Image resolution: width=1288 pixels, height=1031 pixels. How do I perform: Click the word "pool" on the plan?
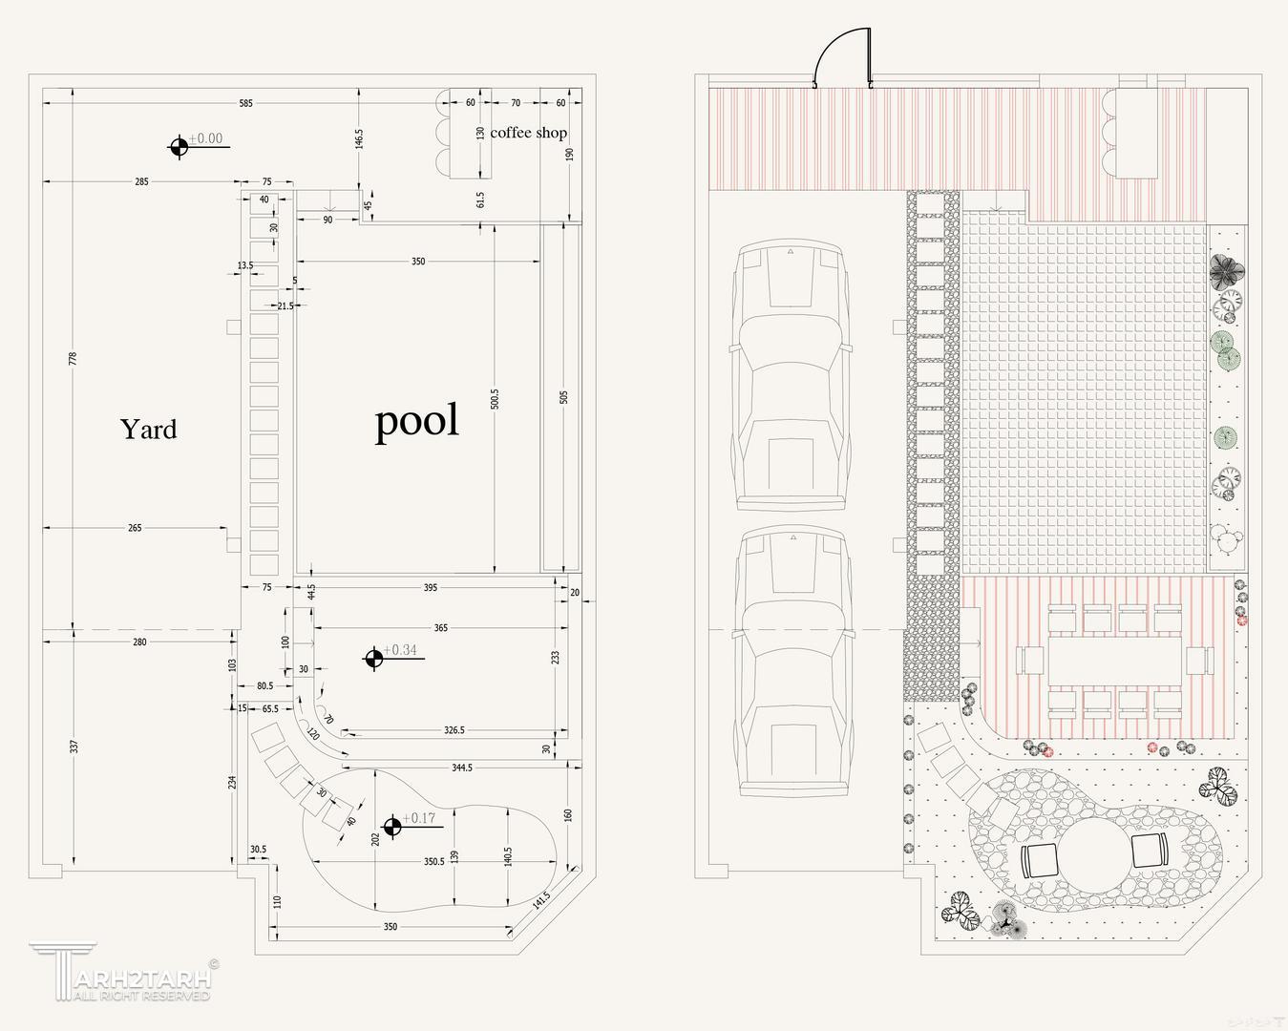click(416, 421)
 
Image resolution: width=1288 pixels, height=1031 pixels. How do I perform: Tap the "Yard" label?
click(149, 430)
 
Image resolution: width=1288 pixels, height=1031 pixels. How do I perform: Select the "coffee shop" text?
click(528, 133)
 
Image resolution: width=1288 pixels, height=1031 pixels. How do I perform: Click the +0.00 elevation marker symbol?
click(179, 146)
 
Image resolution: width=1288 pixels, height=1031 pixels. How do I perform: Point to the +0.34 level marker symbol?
click(374, 658)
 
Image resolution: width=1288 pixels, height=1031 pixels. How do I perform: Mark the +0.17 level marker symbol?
click(391, 826)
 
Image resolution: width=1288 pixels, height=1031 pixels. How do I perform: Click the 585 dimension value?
click(246, 103)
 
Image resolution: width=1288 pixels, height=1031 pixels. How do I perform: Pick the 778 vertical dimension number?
click(74, 358)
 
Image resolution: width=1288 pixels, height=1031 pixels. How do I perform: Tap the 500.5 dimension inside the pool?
click(494, 398)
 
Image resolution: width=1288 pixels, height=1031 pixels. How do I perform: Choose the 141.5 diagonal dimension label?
click(541, 901)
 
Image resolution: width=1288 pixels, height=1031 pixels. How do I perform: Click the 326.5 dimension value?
click(454, 730)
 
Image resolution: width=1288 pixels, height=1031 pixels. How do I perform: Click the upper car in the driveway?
click(790, 374)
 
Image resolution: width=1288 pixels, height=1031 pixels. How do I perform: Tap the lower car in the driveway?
click(792, 661)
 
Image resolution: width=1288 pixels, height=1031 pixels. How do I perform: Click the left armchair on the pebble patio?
click(1040, 861)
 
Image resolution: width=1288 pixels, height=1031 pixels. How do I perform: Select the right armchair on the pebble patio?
click(1149, 850)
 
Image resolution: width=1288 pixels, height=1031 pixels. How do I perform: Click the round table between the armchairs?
click(1094, 852)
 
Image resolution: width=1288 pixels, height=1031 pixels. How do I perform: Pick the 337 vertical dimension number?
click(74, 747)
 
